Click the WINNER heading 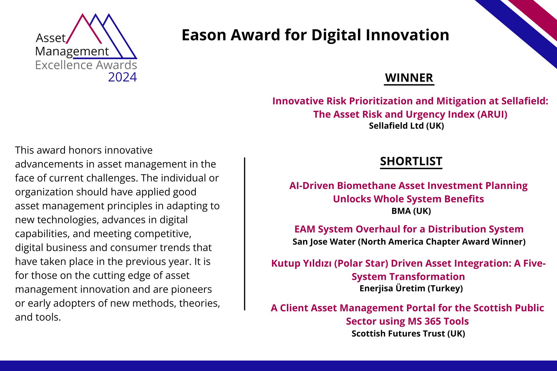pyautogui.click(x=409, y=78)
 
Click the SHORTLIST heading pyautogui.click(x=411, y=161)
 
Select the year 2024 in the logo pyautogui.click(x=122, y=77)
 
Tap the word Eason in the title pyautogui.click(x=204, y=35)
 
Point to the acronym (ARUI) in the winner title pyautogui.click(x=492, y=114)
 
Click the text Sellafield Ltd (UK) pyautogui.click(x=406, y=126)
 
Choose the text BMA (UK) pyautogui.click(x=411, y=211)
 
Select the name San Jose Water pyautogui.click(x=324, y=242)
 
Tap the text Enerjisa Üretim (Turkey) pyautogui.click(x=411, y=288)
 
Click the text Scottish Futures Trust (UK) pyautogui.click(x=408, y=334)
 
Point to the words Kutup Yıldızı pyautogui.click(x=301, y=263)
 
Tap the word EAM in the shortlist pyautogui.click(x=305, y=229)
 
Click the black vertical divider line pyautogui.click(x=245, y=234)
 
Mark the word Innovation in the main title pyautogui.click(x=407, y=35)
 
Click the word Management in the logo pyautogui.click(x=72, y=52)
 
